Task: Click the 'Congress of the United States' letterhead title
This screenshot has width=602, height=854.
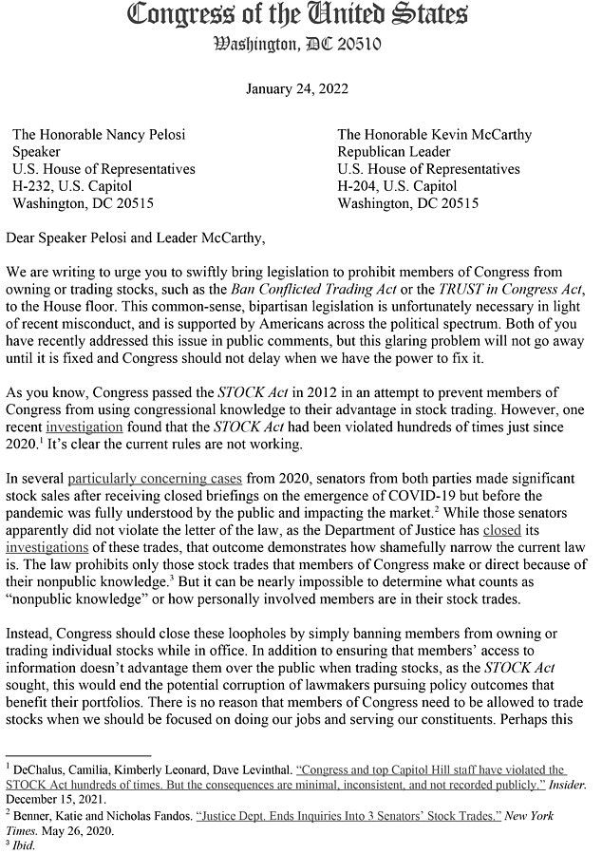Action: [297, 16]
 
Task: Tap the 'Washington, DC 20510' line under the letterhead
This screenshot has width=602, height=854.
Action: [297, 44]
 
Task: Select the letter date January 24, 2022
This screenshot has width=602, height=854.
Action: [297, 89]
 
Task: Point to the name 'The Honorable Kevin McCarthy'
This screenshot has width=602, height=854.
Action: [434, 135]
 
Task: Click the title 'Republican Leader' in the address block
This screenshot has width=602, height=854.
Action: [392, 152]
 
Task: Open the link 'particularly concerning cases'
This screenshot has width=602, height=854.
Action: [168, 478]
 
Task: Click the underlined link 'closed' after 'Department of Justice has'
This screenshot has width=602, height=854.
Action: [501, 529]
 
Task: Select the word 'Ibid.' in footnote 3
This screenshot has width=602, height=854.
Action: [23, 845]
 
